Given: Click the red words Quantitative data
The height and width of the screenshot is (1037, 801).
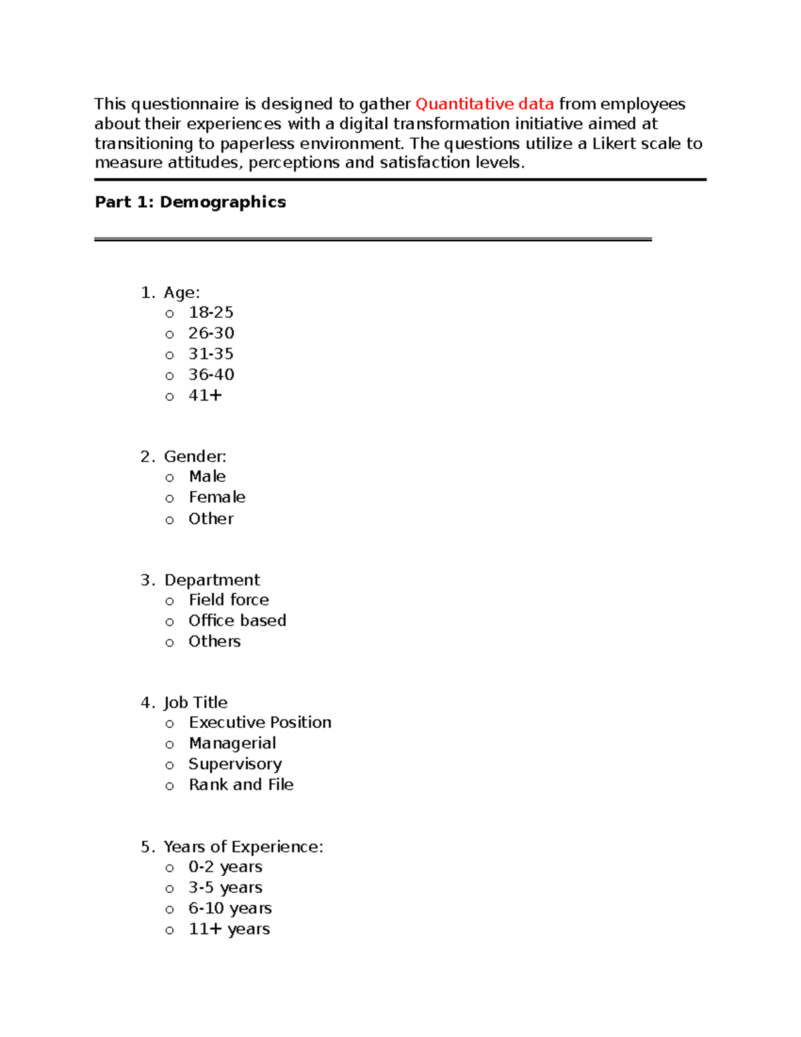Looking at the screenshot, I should pos(485,104).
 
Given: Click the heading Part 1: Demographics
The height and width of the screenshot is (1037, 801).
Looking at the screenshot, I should pos(190,202).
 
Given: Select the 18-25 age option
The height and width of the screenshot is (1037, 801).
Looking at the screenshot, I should pos(211,313).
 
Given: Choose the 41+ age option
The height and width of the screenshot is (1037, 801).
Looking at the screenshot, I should pos(205,395).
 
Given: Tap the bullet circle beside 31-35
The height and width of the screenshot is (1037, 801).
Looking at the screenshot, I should pos(170,355).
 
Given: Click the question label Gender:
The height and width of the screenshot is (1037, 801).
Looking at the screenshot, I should pos(195,457).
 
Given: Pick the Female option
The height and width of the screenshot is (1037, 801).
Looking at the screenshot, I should pos(217,497).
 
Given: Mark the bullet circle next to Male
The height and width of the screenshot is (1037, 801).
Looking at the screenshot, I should pos(170,478).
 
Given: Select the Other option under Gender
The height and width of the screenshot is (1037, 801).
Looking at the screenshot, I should pos(211,519).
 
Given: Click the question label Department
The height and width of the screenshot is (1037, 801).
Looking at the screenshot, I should pos(212,580).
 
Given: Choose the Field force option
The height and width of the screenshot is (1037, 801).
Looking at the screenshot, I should pos(229,600).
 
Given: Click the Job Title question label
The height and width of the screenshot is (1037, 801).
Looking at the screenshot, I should pos(196,702).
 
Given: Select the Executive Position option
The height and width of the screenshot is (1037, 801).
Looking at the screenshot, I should pos(260,722).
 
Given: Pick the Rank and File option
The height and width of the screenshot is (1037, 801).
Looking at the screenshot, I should pos(241,785).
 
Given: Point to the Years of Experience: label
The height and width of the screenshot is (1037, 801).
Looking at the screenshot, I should pos(244,847).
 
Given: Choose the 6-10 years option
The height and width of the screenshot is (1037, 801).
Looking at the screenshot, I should pos(230,909).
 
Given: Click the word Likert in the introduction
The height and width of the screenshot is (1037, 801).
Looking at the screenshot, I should pos(614,144).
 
